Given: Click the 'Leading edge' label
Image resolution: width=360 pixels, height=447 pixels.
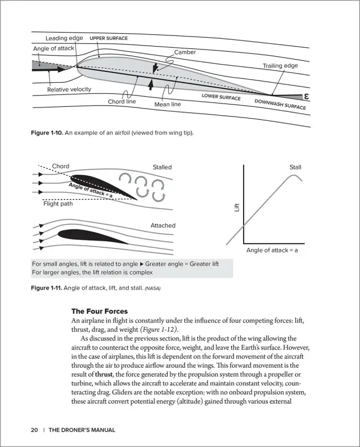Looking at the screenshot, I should pyautogui.click(x=64, y=38).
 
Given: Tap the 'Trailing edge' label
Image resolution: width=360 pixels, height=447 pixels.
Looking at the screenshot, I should pyautogui.click(x=280, y=66).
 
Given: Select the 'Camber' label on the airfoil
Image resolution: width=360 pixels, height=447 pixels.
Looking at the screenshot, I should pyautogui.click(x=185, y=52).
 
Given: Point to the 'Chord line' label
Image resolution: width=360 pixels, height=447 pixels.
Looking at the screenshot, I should pyautogui.click(x=122, y=102).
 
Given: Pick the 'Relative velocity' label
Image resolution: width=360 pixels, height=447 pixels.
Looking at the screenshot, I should pyautogui.click(x=69, y=89).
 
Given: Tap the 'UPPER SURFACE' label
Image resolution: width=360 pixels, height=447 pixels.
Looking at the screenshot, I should pyautogui.click(x=109, y=38).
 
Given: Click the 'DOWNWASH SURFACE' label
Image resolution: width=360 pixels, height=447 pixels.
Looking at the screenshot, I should pyautogui.click(x=280, y=104).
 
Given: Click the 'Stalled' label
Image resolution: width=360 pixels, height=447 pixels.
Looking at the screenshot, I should pyautogui.click(x=162, y=167).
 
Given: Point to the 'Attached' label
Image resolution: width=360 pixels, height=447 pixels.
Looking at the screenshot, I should pyautogui.click(x=163, y=225).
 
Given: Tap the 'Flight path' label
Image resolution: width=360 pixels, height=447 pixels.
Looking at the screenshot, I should pyautogui.click(x=58, y=204).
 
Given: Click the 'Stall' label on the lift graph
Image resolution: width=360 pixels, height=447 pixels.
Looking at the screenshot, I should pyautogui.click(x=295, y=168).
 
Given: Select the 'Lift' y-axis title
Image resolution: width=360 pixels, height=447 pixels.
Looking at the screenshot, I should pyautogui.click(x=237, y=208).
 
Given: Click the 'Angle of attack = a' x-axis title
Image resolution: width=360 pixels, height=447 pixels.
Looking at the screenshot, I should pyautogui.click(x=272, y=251).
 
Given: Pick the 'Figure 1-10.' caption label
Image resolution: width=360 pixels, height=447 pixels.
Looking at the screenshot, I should pyautogui.click(x=47, y=133).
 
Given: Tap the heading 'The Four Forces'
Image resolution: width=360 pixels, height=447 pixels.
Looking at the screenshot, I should pyautogui.click(x=100, y=311).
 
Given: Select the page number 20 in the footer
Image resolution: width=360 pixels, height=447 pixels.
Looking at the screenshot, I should pyautogui.click(x=34, y=430).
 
